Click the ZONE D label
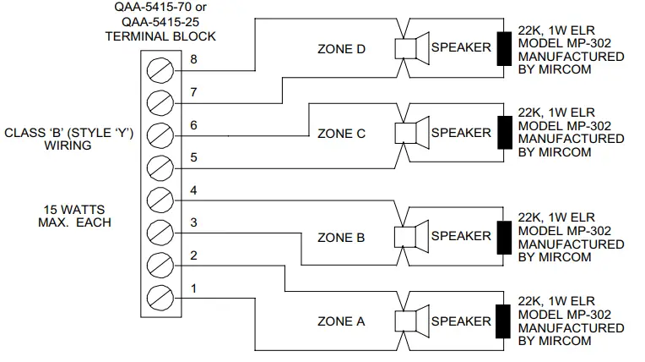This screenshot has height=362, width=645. click(342, 49)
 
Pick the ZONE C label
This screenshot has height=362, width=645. click(342, 134)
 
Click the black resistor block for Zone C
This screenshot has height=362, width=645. click(506, 134)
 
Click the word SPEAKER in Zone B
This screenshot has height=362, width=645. click(461, 237)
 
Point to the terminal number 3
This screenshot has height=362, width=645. click(194, 222)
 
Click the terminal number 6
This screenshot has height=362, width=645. click(194, 125)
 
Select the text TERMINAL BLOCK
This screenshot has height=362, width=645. click(160, 36)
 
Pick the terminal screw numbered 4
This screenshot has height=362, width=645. click(160, 200)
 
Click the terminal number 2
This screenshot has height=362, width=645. click(194, 255)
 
